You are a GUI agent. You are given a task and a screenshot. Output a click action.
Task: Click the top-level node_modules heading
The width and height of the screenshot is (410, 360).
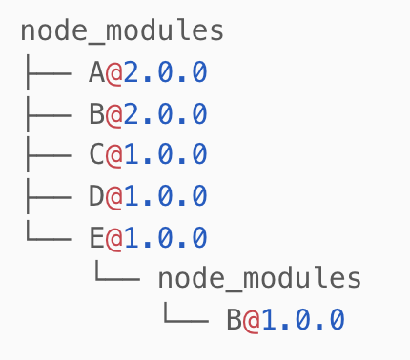click(x=122, y=30)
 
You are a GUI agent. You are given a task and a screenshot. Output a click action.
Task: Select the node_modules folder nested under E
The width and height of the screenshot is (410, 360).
click(x=259, y=278)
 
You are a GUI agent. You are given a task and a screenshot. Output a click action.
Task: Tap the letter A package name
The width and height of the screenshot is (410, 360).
click(x=96, y=72)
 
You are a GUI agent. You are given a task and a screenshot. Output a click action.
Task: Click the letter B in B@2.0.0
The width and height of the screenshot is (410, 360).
click(x=96, y=114)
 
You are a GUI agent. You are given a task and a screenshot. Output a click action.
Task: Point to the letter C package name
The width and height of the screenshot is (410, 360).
click(x=96, y=155)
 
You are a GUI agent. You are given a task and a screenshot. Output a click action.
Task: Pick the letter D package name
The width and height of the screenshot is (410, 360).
click(x=96, y=196)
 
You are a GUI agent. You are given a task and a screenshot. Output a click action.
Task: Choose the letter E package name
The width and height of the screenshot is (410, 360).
click(x=96, y=237)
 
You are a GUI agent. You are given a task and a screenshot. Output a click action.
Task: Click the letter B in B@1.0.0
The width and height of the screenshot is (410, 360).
click(x=235, y=320)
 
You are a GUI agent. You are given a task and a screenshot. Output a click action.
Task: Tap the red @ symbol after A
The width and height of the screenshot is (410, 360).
click(x=114, y=72)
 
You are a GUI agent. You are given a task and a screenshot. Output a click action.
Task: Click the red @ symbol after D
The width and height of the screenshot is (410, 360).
click(x=114, y=196)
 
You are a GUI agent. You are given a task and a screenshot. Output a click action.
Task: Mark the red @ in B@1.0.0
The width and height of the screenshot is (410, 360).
click(x=252, y=320)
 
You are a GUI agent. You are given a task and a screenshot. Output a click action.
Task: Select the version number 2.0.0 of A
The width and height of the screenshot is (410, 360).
click(x=166, y=72)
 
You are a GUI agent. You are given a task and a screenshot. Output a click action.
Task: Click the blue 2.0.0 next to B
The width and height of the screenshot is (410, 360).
click(x=166, y=114)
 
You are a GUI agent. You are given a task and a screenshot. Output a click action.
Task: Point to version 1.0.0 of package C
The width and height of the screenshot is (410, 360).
click(x=166, y=155)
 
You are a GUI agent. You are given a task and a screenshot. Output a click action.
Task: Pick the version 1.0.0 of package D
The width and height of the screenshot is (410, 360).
click(x=166, y=196)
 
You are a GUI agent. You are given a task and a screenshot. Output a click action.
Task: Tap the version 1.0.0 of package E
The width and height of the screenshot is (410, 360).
click(x=166, y=237)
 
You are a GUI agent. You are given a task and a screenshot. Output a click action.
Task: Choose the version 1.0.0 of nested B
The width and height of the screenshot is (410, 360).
click(x=303, y=320)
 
